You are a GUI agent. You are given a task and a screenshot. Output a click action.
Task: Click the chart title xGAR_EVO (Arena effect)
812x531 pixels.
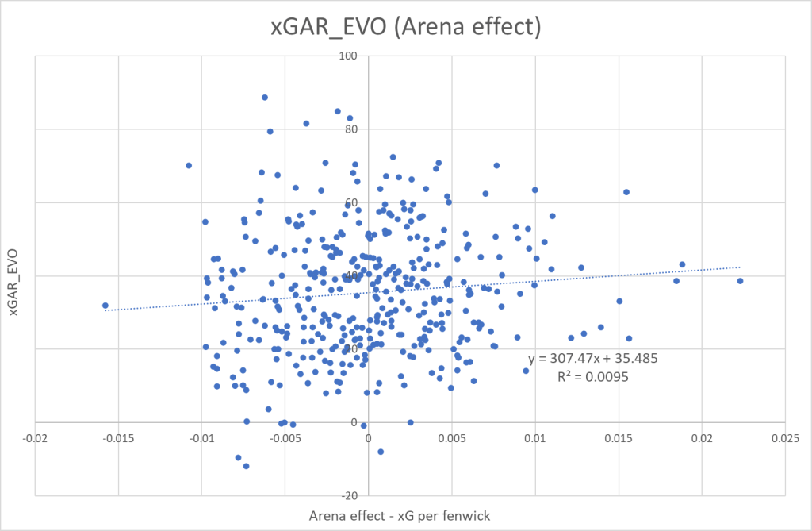(405, 27)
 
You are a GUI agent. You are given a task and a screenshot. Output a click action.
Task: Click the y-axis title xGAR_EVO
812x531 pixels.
(14, 275)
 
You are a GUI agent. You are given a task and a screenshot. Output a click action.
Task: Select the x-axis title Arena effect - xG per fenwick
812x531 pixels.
(400, 516)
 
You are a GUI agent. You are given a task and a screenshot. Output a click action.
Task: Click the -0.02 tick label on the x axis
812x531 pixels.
(35, 438)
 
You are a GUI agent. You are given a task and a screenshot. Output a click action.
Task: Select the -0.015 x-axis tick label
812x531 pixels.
(118, 438)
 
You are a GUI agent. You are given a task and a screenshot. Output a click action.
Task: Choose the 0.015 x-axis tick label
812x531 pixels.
(619, 438)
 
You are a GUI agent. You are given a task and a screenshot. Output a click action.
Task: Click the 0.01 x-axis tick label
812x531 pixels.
(536, 438)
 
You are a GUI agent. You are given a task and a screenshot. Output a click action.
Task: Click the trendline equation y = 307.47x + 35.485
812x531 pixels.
(593, 359)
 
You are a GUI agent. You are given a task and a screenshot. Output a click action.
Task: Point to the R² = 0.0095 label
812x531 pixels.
(593, 377)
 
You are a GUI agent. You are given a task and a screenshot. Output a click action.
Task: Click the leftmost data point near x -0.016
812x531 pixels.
(105, 305)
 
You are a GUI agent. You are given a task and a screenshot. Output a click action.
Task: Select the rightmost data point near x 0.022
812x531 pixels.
(740, 281)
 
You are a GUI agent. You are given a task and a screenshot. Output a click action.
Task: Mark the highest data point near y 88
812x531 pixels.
(265, 98)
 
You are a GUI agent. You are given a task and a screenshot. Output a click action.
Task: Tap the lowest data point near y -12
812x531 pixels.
(247, 466)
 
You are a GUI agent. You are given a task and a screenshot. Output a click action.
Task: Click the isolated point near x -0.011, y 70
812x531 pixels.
(189, 165)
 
